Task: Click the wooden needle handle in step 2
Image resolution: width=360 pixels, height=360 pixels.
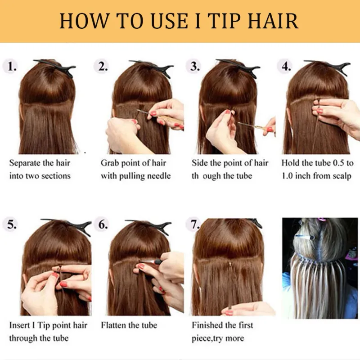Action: (172, 121)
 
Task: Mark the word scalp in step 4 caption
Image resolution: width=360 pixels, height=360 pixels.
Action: (342, 176)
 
